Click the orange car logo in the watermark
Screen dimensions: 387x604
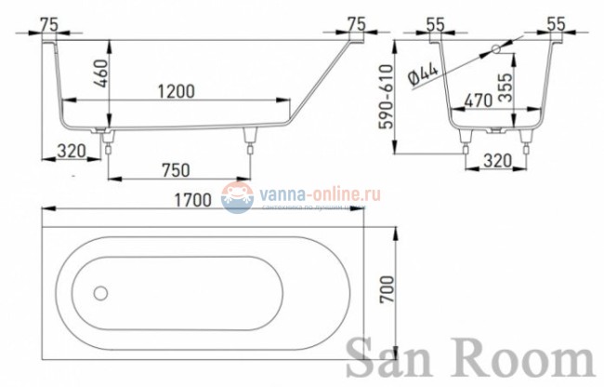pos(237,195)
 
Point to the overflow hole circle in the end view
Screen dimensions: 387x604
pos(495,47)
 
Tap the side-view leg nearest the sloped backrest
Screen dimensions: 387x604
pos(248,137)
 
